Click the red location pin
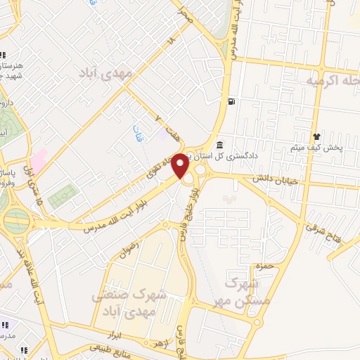tap(181, 165)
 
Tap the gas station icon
tap(231, 102)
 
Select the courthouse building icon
tap(219, 146)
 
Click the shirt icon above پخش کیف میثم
tap(316, 137)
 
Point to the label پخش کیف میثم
tap(316, 149)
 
